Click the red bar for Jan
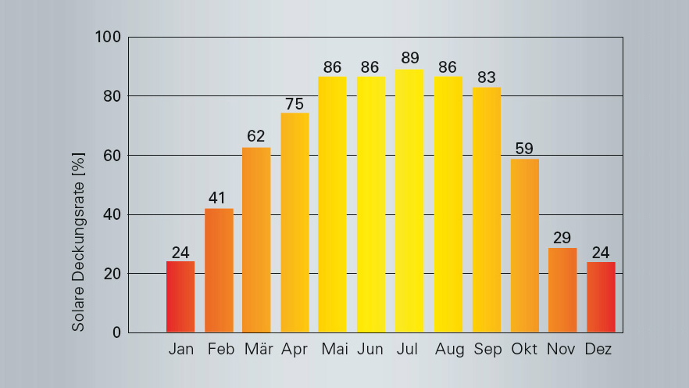[x=180, y=296]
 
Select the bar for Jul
[x=409, y=201]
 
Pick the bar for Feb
[x=219, y=271]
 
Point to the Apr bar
[x=295, y=223]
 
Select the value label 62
[x=256, y=136]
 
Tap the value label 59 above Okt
[x=525, y=148]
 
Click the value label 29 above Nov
[x=562, y=237]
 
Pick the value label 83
[x=487, y=77]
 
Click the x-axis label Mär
[x=257, y=349]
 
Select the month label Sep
[x=487, y=349]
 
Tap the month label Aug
[x=448, y=349]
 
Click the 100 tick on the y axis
[x=108, y=38]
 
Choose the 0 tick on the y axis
[x=116, y=332]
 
